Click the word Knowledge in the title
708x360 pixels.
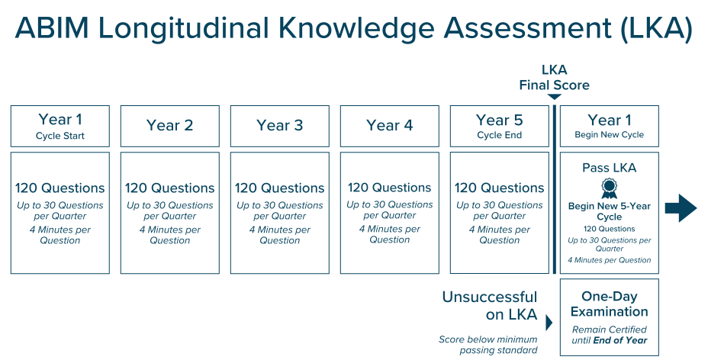[357, 28]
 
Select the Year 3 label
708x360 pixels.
[279, 125]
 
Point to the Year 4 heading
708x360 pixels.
[390, 125]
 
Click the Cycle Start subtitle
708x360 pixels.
[60, 136]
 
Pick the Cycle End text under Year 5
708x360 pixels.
[500, 135]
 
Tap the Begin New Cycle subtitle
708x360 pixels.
[609, 134]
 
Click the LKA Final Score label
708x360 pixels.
[554, 78]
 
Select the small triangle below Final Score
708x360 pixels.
[554, 97]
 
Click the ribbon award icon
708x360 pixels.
[609, 188]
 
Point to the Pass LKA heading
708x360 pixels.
[609, 168]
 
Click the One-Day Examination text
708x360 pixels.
[609, 304]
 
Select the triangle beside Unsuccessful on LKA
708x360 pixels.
[549, 323]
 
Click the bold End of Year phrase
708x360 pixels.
[620, 341]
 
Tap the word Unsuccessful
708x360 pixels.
[490, 297]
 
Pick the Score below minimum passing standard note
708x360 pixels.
[488, 345]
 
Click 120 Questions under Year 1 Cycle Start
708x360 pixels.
[60, 188]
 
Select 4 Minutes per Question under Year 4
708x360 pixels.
[390, 235]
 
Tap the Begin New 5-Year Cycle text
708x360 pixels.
[609, 211]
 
